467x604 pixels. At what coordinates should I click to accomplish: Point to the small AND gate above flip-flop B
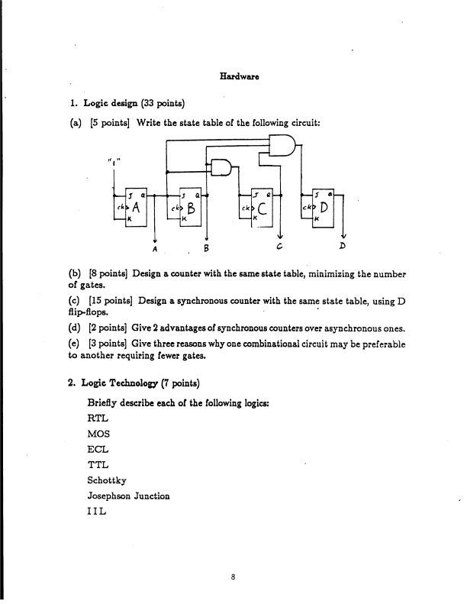[x=221, y=166]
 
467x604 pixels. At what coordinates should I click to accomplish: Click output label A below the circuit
[x=155, y=247]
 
